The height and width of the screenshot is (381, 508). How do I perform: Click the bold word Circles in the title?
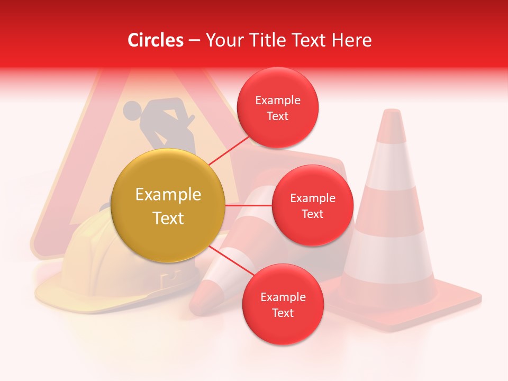pos(156,40)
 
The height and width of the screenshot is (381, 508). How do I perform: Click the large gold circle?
pos(168,206)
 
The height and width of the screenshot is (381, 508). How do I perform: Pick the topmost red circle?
pos(278,107)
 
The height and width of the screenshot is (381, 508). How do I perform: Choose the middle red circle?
pos(313,205)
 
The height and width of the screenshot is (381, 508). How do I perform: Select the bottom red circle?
pos(283,304)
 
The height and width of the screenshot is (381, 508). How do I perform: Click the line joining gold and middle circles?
pos(249,205)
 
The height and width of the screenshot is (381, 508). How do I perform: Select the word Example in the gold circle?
pos(168,195)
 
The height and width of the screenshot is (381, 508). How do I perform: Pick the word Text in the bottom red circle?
pos(283,313)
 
